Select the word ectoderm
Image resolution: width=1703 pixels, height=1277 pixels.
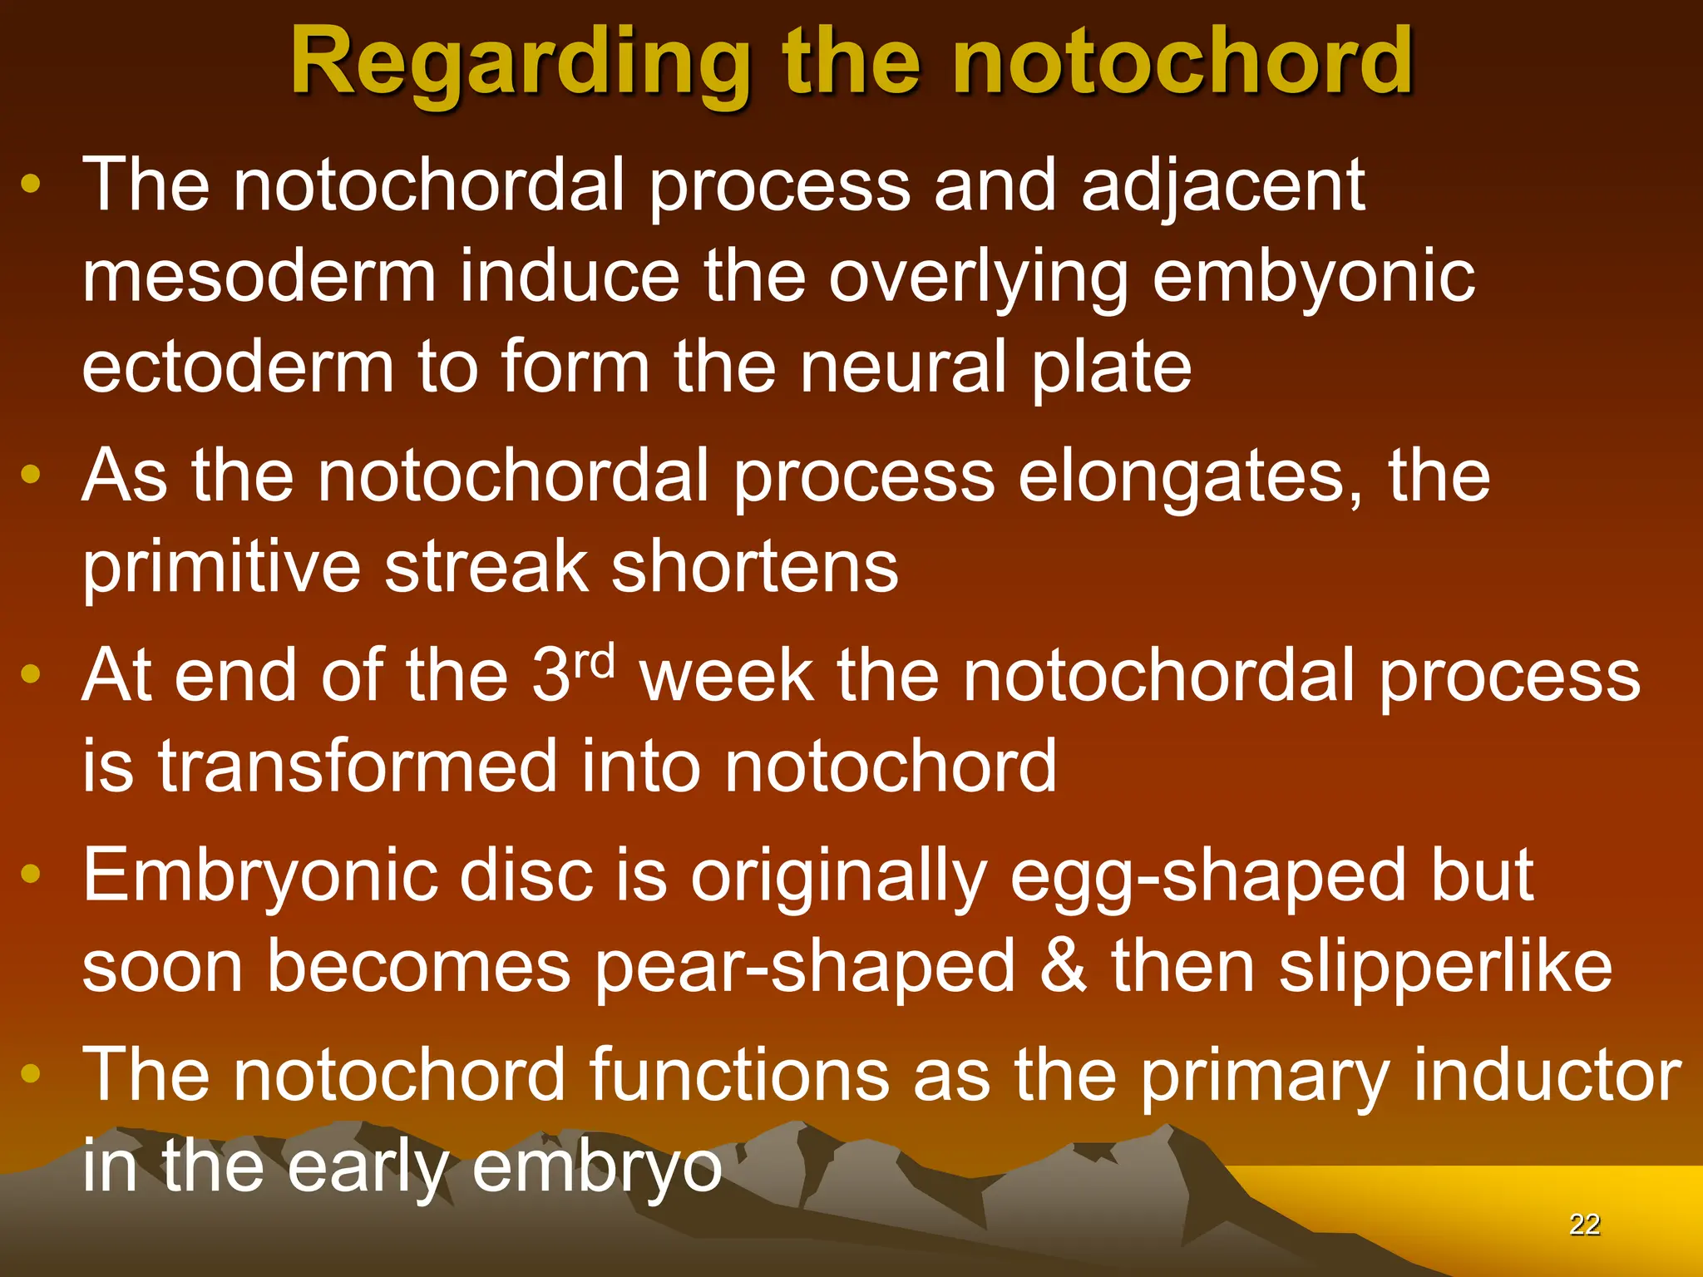click(x=238, y=367)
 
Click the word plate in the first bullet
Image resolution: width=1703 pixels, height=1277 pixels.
click(x=1111, y=367)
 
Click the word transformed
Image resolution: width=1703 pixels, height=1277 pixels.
click(x=358, y=766)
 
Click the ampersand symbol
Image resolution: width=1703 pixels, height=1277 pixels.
click(x=1064, y=966)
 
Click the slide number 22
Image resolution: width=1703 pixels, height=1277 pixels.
click(x=1584, y=1225)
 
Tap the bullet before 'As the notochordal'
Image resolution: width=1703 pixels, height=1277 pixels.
click(x=31, y=475)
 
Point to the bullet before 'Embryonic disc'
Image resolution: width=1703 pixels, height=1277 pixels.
click(x=31, y=873)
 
